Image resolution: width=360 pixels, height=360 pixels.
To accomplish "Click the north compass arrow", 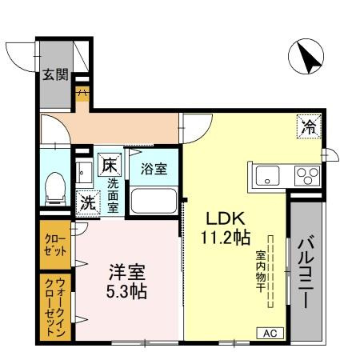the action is tap(309, 58).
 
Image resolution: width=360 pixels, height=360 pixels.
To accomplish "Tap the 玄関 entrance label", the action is tap(56, 74).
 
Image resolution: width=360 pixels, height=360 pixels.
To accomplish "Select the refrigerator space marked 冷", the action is tap(309, 126).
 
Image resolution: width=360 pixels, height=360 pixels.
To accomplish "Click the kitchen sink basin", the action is tap(267, 176).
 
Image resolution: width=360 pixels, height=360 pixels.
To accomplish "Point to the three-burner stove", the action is tap(307, 176).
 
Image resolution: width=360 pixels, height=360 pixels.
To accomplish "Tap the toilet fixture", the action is tap(55, 189).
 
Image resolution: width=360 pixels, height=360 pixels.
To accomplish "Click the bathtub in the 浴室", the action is tap(154, 201).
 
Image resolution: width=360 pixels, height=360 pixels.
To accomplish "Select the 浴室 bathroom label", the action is tap(154, 169).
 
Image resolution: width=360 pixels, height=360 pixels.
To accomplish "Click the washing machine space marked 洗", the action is tap(88, 202).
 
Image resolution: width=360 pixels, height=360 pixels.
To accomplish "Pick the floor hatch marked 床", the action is tap(110, 165).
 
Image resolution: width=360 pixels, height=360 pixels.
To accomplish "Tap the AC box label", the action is tap(270, 333).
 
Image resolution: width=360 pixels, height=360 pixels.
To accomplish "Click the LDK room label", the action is tap(226, 218).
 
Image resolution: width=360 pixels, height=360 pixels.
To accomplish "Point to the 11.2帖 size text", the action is tap(226, 238).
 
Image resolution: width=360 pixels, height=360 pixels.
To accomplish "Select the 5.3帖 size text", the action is tap(126, 291).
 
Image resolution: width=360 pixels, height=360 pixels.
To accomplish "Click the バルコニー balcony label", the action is tap(306, 273).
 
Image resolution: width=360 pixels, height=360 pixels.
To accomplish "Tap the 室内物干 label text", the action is tap(261, 271).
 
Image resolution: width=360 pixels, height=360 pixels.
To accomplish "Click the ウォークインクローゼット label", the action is tap(55, 306).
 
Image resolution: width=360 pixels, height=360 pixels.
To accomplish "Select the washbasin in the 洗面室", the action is tap(84, 173).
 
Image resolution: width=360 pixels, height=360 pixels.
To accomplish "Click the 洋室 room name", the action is tap(127, 272).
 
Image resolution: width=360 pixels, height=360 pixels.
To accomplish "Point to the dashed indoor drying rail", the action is tap(270, 271).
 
